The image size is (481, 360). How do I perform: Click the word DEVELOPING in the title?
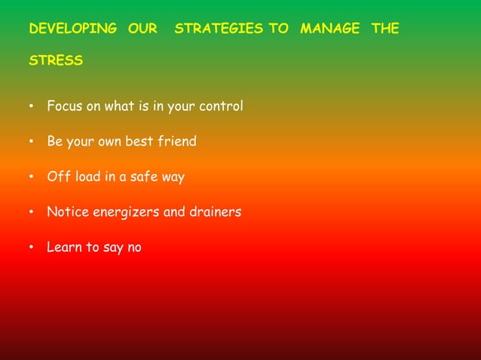tap(72, 29)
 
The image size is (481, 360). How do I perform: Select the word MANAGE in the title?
tap(329, 29)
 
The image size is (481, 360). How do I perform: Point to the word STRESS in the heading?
tap(56, 60)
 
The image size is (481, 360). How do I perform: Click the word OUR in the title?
tap(142, 29)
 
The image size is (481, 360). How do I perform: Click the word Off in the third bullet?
tap(57, 177)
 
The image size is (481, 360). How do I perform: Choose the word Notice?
tap(68, 212)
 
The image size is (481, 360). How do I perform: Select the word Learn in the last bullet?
tap(65, 247)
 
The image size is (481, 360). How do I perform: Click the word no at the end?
tap(133, 248)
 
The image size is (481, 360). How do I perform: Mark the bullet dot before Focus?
tap(32, 107)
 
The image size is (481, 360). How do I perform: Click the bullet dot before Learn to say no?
tap(32, 248)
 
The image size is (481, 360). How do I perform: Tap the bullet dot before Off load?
tap(32, 178)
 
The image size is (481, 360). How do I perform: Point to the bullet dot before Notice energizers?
tap(32, 213)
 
